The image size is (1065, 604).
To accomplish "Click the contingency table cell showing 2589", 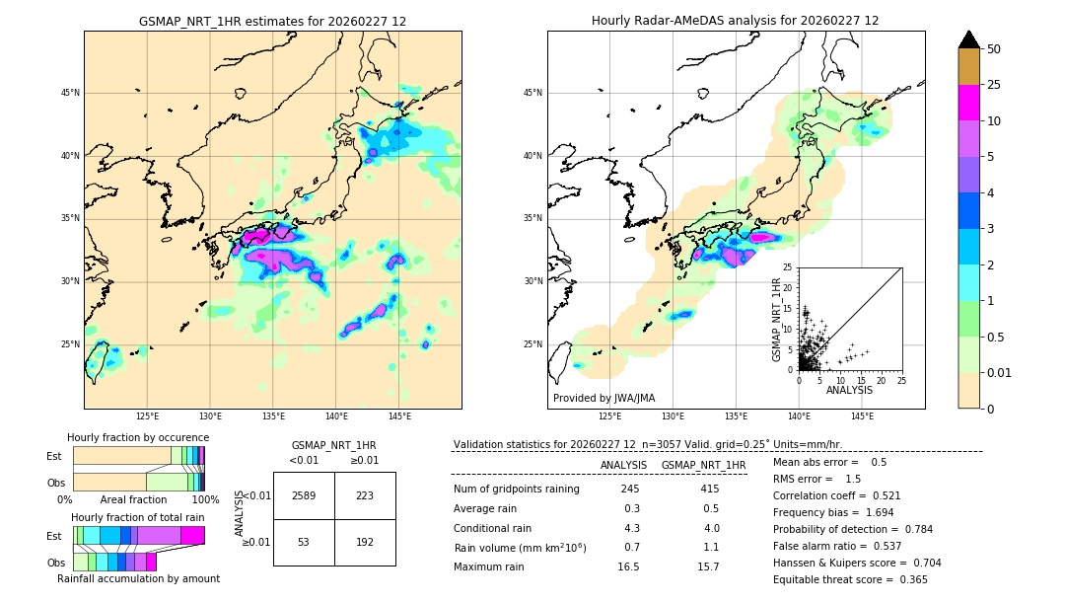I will [x=304, y=495].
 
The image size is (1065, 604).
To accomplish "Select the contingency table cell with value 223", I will [x=365, y=495].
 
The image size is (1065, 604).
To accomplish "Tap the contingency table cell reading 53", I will [x=304, y=542].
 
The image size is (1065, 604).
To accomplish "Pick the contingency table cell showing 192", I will [x=365, y=542].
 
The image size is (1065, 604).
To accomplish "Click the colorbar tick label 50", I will [x=994, y=49].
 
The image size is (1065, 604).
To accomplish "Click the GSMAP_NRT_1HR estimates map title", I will [x=272, y=21].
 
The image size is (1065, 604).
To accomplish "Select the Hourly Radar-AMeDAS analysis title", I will [x=735, y=21].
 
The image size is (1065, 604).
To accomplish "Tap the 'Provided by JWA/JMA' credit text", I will [x=603, y=398].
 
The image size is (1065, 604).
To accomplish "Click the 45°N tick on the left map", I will [x=70, y=93].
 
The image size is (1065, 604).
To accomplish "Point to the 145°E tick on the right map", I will [x=862, y=416].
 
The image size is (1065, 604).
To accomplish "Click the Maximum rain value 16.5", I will [x=629, y=566].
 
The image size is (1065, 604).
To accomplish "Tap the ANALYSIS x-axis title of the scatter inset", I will [x=849, y=390].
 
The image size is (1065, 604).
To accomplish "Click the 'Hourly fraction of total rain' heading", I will [x=138, y=517].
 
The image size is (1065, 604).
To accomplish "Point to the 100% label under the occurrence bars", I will [x=205, y=500].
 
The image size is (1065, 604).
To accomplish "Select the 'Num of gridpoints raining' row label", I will [x=516, y=489].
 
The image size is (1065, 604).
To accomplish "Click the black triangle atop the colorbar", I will [x=969, y=39].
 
